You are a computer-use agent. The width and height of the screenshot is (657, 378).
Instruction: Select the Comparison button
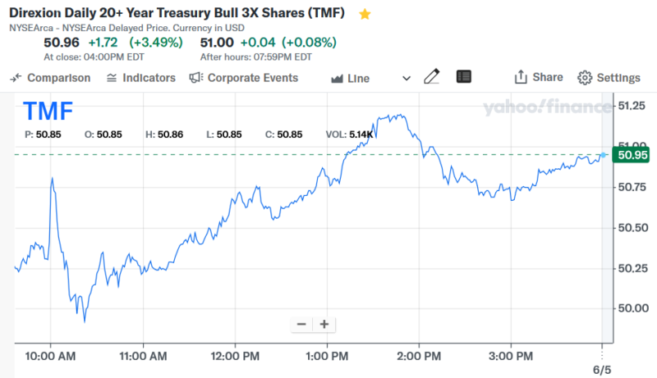(50, 78)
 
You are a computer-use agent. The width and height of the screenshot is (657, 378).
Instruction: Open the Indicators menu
(141, 78)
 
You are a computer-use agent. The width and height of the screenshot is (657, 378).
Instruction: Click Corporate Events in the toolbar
(244, 78)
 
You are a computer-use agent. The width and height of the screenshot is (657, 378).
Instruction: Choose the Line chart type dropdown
(370, 79)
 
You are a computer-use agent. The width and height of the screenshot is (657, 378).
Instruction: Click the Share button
(539, 77)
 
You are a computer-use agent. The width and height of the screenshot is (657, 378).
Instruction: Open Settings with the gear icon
(609, 78)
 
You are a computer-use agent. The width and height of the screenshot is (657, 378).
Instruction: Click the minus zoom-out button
(301, 324)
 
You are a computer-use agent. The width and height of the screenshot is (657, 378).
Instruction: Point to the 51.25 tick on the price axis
(633, 106)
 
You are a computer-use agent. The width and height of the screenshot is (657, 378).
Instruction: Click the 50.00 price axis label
(633, 307)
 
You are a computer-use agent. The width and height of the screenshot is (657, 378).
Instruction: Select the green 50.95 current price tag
(632, 154)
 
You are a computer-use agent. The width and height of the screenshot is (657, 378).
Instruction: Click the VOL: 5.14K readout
(350, 134)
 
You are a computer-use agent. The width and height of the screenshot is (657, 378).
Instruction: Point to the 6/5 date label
(602, 369)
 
